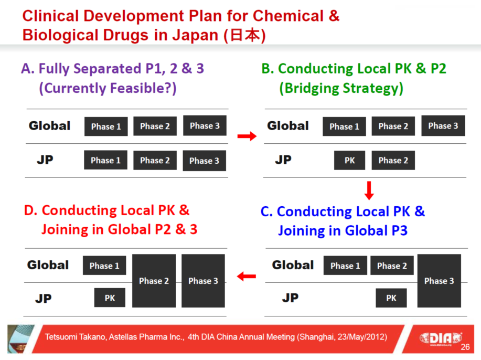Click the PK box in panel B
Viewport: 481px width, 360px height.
349,160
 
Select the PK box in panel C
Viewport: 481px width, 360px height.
391,298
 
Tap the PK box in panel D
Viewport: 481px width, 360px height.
110,298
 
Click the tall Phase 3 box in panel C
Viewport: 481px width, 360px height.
439,281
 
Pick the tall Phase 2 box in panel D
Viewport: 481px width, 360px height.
154,281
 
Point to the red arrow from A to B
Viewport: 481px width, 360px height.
247,136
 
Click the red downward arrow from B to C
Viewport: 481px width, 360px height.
369,190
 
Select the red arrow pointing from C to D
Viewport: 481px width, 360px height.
247,276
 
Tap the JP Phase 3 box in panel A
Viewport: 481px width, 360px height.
204,161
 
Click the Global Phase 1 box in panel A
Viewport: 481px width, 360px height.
106,126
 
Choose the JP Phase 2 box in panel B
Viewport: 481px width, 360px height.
393,160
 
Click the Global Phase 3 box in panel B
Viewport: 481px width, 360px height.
443,125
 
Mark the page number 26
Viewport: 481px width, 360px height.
465,347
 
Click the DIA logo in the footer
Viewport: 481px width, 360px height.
441,338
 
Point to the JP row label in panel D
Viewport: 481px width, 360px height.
43,298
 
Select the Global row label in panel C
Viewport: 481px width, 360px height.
293,265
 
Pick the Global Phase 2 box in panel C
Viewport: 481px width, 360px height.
392,266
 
